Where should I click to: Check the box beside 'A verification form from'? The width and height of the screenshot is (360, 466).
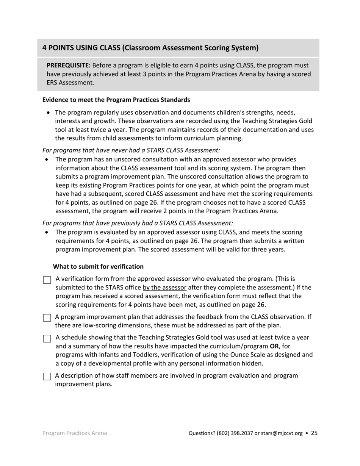tap(47, 280)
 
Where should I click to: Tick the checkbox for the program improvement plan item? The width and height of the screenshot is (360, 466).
tap(47, 318)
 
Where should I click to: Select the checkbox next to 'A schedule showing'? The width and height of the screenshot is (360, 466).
tap(47, 339)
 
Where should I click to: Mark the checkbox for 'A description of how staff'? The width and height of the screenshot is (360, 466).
tap(47, 377)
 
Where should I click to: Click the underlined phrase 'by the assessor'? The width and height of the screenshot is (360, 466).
tap(164, 288)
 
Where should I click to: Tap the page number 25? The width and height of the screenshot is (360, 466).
tap(314, 433)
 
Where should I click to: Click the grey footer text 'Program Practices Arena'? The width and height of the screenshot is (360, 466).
tap(75, 433)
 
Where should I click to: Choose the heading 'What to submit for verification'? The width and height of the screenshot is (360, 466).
tap(98, 267)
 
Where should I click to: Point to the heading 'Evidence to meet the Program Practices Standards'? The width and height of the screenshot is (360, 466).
tap(116, 100)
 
